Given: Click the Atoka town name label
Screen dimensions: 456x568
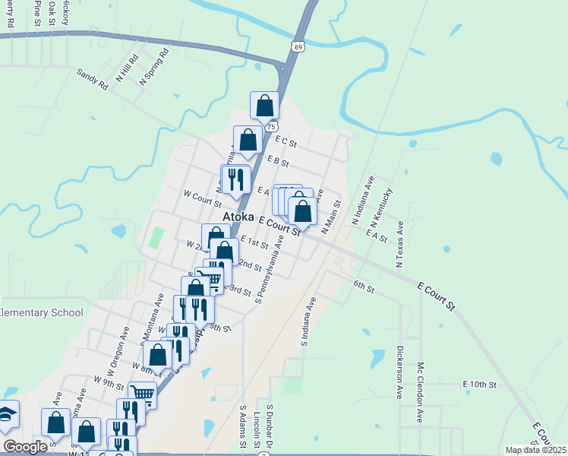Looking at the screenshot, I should point(238,217).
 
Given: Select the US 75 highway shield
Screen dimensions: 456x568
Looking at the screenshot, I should point(271,126).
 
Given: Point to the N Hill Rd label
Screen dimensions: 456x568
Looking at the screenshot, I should point(127,68).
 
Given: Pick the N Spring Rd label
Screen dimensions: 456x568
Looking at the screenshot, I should point(153,67).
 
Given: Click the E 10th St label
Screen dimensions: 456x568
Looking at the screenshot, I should point(479,385).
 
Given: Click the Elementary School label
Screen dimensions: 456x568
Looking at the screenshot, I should point(41,312).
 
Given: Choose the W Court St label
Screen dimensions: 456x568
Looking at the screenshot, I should point(202,198).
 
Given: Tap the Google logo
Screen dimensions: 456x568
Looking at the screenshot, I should point(26,447).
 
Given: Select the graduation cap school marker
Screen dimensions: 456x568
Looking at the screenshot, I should point(6,415).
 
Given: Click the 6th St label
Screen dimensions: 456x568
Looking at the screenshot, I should point(364,287).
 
